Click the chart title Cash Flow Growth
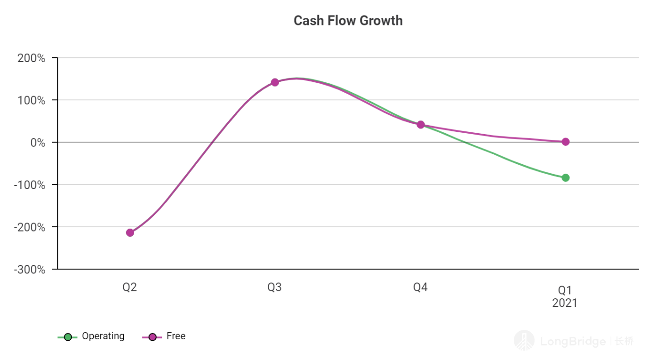[x=348, y=21]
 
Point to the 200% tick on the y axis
[x=32, y=58]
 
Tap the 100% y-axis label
[x=32, y=100]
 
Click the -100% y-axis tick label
[x=30, y=185]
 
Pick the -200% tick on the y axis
[x=30, y=227]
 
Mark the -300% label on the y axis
[x=30, y=270]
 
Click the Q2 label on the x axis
[x=130, y=288]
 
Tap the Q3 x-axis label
[x=275, y=288]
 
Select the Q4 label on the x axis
[x=420, y=288]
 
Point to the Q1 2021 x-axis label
[x=565, y=296]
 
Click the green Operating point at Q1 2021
[x=565, y=177]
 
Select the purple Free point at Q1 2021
[x=565, y=142]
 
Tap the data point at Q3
[x=275, y=82]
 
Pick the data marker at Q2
[x=130, y=232]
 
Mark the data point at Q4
[x=420, y=125]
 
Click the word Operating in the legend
[x=103, y=336]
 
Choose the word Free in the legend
[x=176, y=336]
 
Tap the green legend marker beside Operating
[x=68, y=337]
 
